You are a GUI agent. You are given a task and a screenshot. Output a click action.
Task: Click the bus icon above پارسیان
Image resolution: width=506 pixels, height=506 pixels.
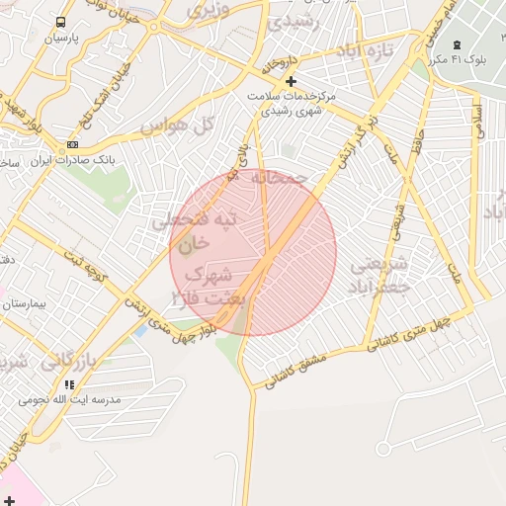coord(61,22)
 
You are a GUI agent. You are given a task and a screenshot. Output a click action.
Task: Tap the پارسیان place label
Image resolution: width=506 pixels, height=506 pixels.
coord(61,39)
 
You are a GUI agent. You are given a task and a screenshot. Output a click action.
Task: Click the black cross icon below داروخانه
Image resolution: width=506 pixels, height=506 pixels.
coord(291,81)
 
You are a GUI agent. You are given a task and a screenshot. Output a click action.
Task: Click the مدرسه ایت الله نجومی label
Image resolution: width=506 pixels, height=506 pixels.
coord(70,399)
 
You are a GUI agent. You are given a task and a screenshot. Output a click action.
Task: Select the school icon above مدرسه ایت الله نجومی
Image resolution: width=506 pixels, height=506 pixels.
coord(69,383)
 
